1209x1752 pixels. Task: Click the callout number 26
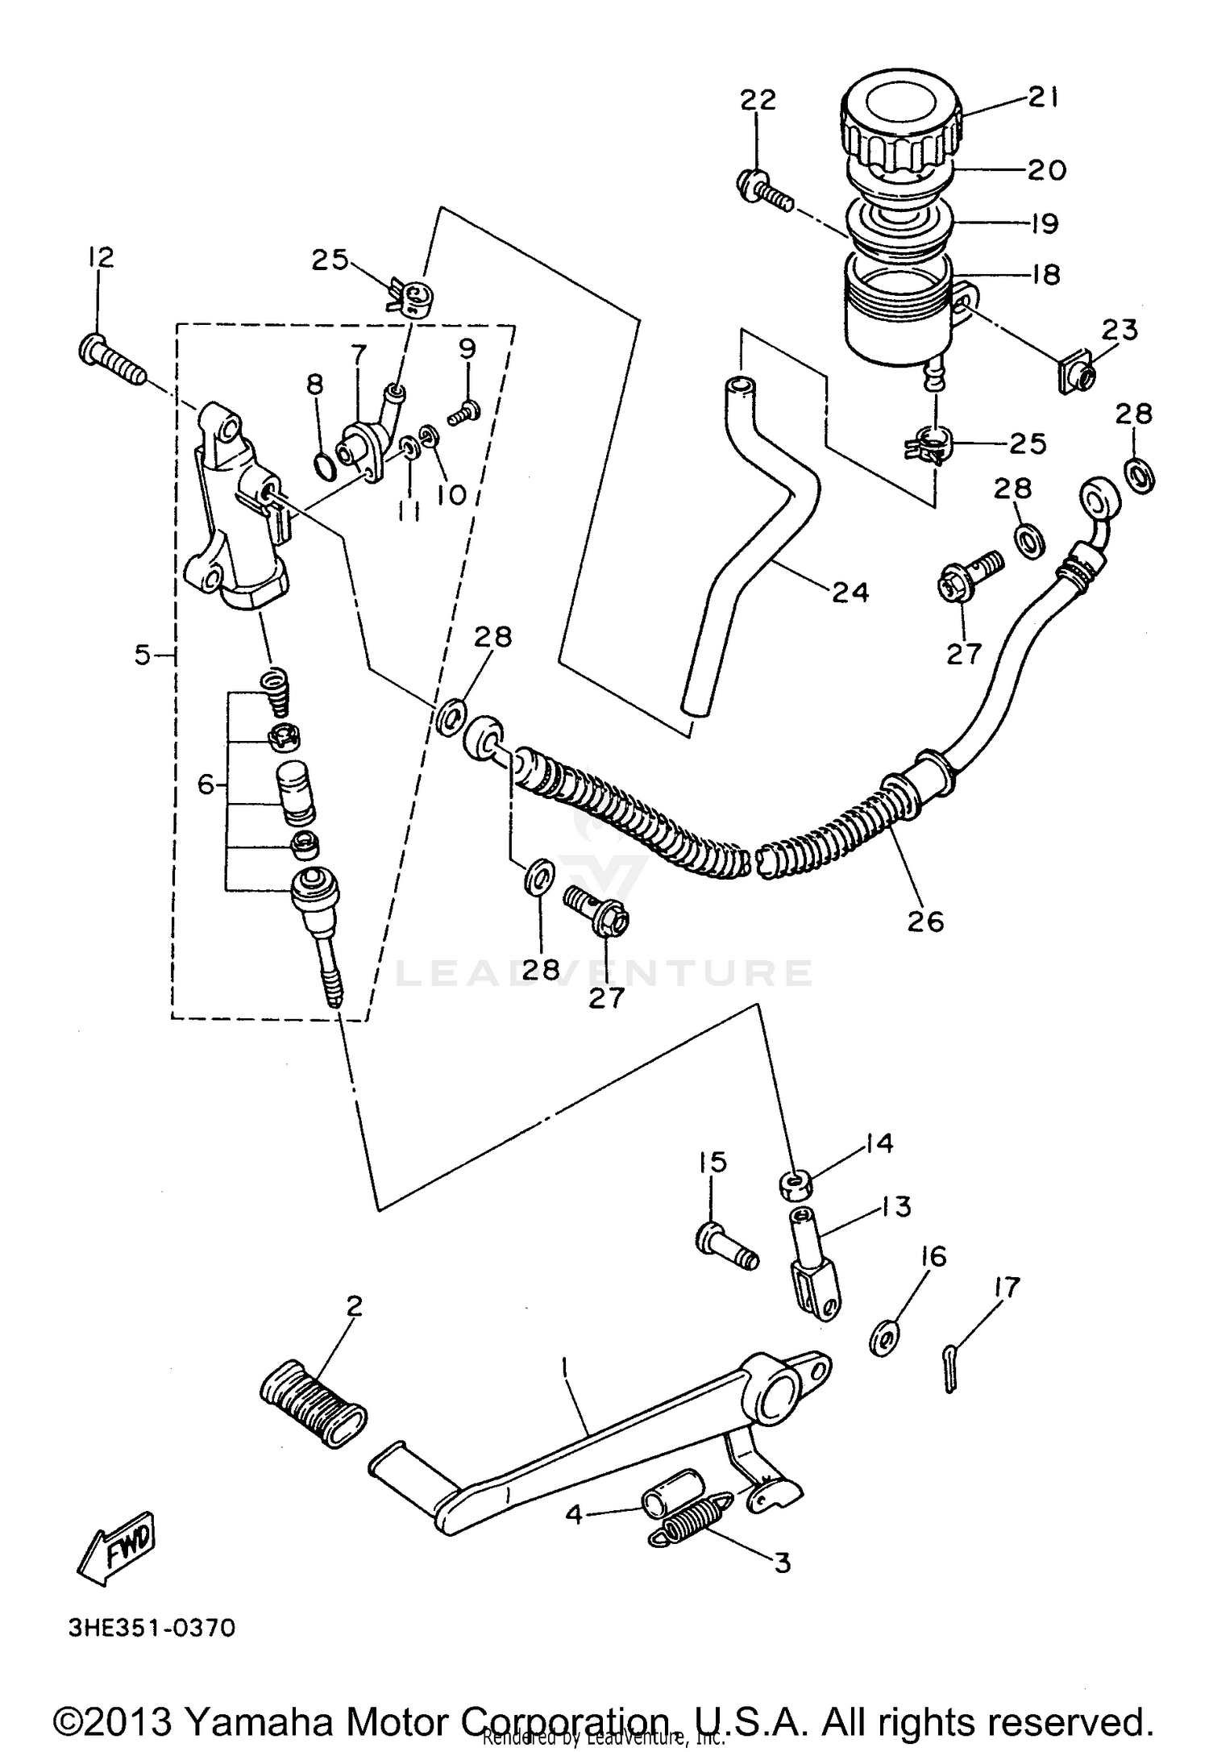click(x=924, y=920)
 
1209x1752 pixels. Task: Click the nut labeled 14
click(x=796, y=1184)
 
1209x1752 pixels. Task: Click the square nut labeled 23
click(x=1077, y=375)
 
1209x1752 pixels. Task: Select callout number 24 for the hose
click(x=851, y=593)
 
